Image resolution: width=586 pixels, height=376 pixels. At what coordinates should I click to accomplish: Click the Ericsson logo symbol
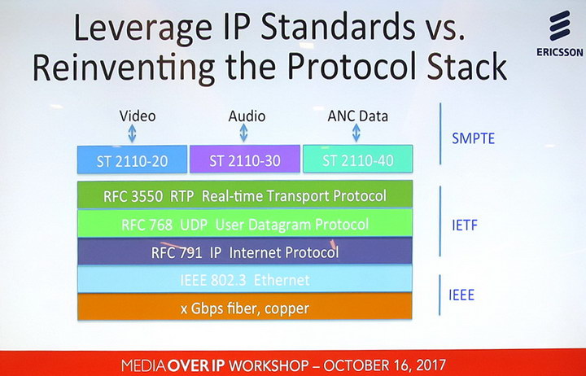pos(560,25)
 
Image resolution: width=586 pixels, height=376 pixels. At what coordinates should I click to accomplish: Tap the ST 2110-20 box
pos(133,160)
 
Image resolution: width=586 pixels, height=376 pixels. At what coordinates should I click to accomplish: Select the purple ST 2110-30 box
pos(245,160)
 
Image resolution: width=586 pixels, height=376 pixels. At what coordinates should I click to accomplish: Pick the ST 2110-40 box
pos(357,159)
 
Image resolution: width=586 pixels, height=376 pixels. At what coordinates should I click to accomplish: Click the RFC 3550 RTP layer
pos(245,195)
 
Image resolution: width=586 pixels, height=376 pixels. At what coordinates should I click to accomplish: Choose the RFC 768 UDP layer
pos(245,224)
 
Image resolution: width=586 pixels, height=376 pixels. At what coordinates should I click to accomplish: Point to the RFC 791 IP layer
pos(245,251)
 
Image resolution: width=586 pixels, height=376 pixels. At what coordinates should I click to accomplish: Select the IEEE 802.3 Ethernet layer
pos(245,279)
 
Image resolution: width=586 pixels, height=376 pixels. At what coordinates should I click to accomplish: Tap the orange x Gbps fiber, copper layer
pos(245,307)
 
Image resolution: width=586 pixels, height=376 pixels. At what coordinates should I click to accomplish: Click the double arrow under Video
pos(132,133)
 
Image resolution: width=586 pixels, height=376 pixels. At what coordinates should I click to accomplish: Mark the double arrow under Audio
pos(243,133)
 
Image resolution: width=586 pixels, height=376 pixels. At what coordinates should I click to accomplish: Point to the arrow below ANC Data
pos(356,133)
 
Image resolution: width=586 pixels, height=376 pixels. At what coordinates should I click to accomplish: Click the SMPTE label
pos(473,138)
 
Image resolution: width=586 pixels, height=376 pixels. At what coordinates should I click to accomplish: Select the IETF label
pos(465,225)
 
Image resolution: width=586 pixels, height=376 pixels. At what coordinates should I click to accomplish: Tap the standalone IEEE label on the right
pos(461,295)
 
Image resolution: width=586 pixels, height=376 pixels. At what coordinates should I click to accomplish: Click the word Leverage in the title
pos(143,29)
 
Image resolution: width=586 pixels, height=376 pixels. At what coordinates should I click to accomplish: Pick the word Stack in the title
pos(467,66)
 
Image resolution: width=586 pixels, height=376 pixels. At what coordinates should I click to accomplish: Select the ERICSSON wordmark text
pos(560,52)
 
